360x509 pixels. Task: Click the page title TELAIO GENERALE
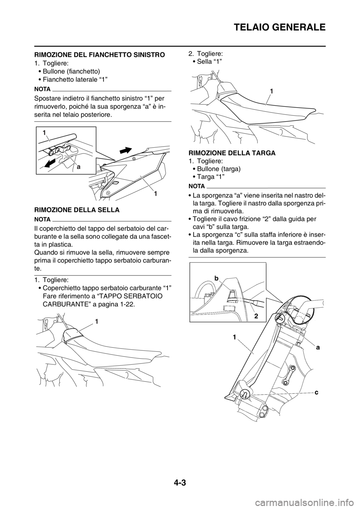point(279,27)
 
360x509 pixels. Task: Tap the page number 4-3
point(180,481)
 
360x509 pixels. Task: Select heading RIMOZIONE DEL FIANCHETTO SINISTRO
point(99,55)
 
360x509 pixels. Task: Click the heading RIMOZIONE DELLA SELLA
point(76,210)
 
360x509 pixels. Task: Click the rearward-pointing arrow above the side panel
point(126,150)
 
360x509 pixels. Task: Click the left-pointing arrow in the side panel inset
point(49,162)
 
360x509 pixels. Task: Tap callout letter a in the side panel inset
point(78,168)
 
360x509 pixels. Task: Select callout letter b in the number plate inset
point(216,278)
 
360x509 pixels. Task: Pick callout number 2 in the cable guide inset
point(256,316)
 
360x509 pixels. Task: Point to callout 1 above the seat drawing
point(271,91)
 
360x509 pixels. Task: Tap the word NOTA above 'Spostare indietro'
point(42,89)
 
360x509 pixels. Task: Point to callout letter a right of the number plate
point(318,347)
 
